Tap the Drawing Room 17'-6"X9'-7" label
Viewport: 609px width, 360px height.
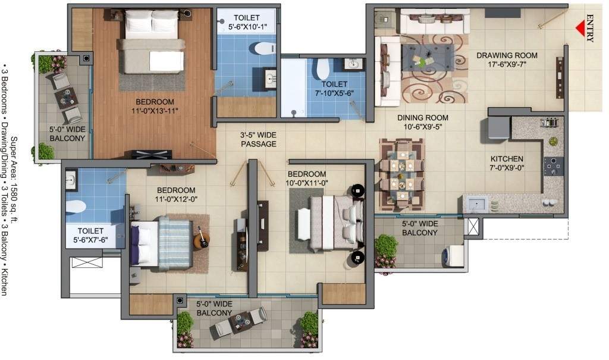tap(507, 60)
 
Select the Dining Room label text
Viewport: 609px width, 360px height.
tap(423, 122)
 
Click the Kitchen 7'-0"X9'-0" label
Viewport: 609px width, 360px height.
tap(507, 164)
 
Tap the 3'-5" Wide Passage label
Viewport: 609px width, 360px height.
tap(258, 140)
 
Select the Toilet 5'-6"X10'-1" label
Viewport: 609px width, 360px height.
tap(246, 23)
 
